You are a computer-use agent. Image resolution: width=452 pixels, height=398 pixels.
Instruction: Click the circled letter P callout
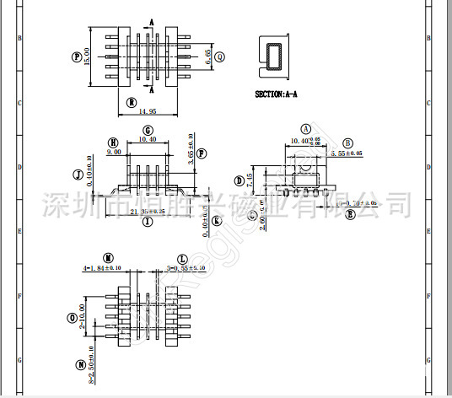click(78, 56)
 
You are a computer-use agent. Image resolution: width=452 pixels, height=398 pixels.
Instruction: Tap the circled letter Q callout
click(221, 56)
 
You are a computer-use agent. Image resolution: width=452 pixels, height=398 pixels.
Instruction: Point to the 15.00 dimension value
click(86, 56)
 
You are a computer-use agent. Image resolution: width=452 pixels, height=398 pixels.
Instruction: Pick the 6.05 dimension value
click(208, 57)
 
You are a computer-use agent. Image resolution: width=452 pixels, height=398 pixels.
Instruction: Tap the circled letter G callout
click(148, 131)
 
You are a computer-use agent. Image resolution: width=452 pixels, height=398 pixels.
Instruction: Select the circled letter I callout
click(148, 222)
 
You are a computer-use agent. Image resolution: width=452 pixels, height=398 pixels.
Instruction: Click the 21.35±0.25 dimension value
click(153, 212)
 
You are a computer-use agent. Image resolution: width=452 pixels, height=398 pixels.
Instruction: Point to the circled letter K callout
click(217, 221)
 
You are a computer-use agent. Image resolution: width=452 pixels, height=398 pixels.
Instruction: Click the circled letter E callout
click(350, 214)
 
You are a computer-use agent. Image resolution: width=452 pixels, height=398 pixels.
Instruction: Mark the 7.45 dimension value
click(250, 180)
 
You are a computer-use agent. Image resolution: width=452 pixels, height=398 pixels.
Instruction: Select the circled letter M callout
click(108, 256)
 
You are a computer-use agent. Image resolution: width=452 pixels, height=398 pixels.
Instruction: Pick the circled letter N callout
click(80, 365)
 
